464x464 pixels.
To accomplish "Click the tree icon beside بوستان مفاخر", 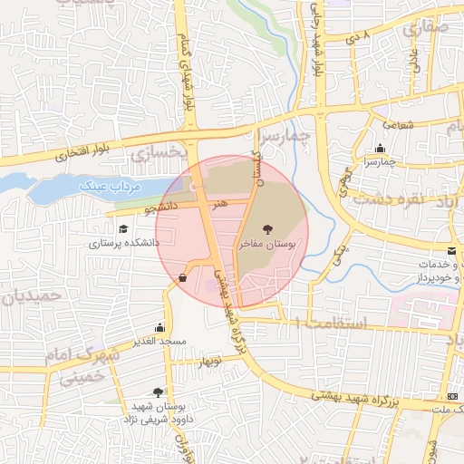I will (266, 229).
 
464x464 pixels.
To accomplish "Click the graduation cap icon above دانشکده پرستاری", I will (122, 227).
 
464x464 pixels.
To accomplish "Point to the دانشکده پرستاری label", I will (123, 243).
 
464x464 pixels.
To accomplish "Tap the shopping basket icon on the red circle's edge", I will (184, 277).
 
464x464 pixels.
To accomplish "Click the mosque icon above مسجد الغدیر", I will (160, 327).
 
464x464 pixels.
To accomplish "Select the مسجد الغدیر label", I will (159, 342).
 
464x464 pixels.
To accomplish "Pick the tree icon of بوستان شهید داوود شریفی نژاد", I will (159, 392).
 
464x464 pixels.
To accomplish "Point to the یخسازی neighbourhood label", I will (152, 154).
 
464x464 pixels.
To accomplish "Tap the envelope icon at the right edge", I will (451, 250).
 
